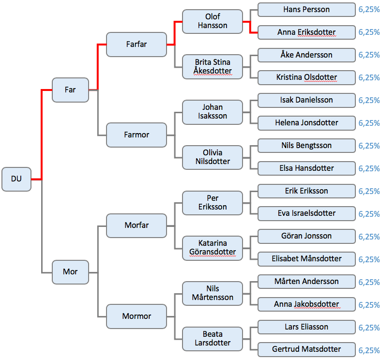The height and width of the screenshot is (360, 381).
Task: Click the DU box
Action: [x=16, y=179]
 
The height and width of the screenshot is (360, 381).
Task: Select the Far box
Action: [x=70, y=90]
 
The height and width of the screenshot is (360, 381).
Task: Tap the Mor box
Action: [x=70, y=271]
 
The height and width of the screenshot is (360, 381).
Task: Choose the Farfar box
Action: [x=136, y=44]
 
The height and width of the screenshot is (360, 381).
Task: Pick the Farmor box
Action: [x=136, y=135]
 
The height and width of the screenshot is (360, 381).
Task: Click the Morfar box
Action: [x=136, y=225]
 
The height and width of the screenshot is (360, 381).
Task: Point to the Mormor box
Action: [x=136, y=316]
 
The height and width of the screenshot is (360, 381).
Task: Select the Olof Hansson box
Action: [x=213, y=21]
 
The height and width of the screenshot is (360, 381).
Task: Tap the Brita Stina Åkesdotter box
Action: [x=213, y=67]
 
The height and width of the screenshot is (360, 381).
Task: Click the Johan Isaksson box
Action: [x=213, y=112]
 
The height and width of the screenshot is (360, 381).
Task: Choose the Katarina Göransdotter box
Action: [x=213, y=247]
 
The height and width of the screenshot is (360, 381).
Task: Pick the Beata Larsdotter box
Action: [x=213, y=339]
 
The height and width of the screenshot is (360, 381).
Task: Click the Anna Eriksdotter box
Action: [x=306, y=32]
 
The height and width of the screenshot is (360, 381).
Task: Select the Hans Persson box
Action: [x=306, y=10]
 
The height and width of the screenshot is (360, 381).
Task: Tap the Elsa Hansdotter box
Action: [x=306, y=168]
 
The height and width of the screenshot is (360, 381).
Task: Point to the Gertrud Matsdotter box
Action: [x=306, y=349]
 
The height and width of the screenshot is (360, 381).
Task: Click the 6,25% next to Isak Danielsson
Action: [x=369, y=101]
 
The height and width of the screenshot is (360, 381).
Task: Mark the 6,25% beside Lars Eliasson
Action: [x=369, y=328]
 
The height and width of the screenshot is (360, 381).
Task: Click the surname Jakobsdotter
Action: [x=317, y=304]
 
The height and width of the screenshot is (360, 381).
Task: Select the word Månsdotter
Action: [x=322, y=259]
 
